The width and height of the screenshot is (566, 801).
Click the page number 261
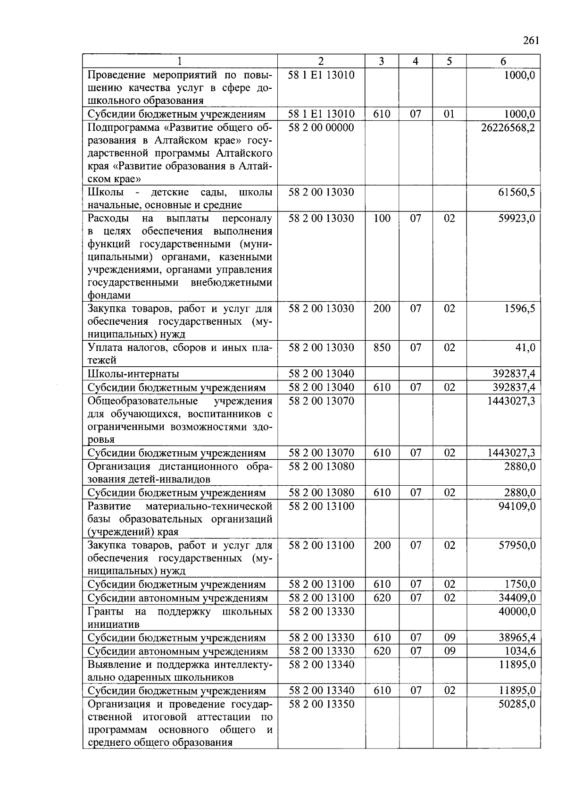(x=531, y=41)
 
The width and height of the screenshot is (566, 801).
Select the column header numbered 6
(x=503, y=61)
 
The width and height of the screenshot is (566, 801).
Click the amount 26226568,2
(x=508, y=127)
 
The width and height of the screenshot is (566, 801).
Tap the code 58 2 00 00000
(x=321, y=127)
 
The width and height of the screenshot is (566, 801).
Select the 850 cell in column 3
(x=382, y=347)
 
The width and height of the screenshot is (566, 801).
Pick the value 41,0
(x=525, y=347)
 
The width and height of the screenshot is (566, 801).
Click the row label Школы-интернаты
(x=133, y=374)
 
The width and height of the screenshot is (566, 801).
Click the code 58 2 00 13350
(x=321, y=704)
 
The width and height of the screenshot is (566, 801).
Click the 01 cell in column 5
(x=449, y=114)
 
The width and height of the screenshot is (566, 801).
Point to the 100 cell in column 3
(x=382, y=218)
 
